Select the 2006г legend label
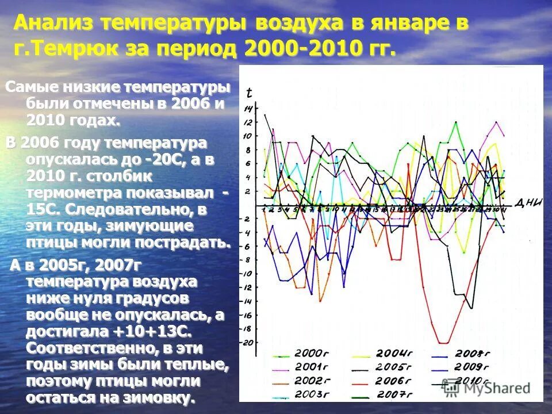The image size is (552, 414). [x=393, y=381]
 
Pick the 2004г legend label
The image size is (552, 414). [x=394, y=353]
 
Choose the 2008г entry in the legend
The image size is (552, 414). [x=471, y=354]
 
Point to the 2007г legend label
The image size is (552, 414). [x=395, y=394]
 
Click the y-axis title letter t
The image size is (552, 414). [x=248, y=93]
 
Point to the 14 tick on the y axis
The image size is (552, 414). [x=248, y=109]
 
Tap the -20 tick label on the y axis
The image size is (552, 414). [x=248, y=343]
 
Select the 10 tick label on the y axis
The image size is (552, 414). [x=248, y=136]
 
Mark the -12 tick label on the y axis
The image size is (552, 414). [x=248, y=287]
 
